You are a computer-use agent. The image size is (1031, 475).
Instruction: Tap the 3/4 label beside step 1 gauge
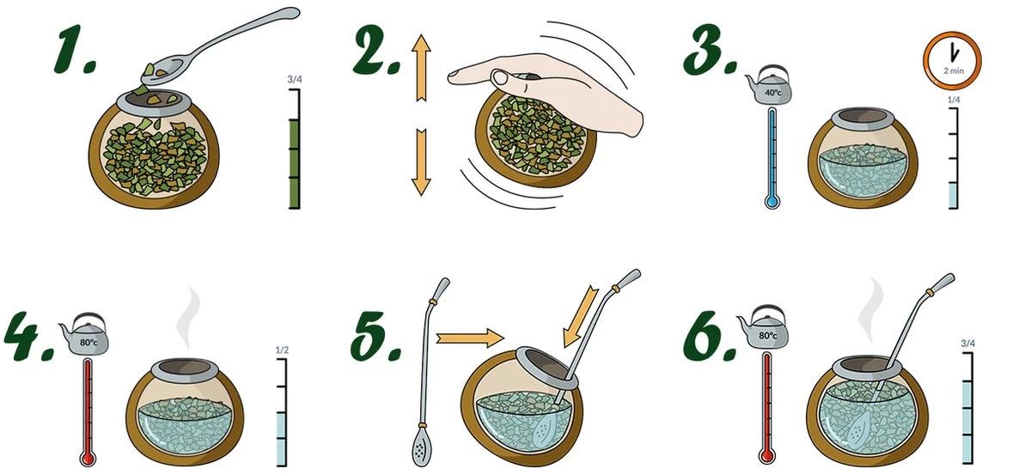295,79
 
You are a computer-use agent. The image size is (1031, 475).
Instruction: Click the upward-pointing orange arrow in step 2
421,67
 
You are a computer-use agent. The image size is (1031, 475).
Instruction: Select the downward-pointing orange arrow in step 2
421,162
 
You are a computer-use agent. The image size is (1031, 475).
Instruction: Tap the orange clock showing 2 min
952,60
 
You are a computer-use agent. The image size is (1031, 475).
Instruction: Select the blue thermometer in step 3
772,158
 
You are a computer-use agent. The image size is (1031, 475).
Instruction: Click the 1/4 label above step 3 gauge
954,100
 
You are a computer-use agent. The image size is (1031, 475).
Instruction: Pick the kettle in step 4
85,335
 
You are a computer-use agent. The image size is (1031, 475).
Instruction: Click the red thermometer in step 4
88,412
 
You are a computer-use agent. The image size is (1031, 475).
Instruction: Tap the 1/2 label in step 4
282,350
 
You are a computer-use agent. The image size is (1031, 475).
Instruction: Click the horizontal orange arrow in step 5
469,338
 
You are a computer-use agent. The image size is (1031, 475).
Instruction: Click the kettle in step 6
764,327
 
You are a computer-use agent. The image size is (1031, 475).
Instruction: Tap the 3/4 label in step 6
968,344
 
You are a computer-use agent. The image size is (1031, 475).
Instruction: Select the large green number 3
710,50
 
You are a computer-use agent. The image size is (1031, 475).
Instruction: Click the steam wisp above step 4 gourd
189,318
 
